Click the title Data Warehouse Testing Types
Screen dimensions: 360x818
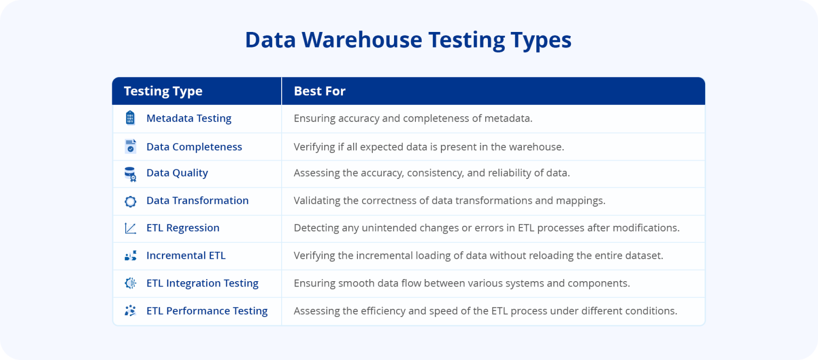[x=408, y=40]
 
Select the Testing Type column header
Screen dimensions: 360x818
[x=163, y=91]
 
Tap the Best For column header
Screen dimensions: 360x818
[x=320, y=91]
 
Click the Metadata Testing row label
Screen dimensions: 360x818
[x=189, y=118]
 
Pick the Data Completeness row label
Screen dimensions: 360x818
[x=194, y=146]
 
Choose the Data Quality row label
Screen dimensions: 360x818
[x=177, y=173]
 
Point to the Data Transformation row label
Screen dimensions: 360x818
[x=197, y=200]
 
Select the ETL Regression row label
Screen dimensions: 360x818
[x=183, y=227]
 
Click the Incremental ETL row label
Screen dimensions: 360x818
[x=186, y=255]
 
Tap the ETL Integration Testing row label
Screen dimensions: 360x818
[x=202, y=283]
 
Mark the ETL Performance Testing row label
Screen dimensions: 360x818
[x=207, y=310]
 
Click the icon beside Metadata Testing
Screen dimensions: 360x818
[x=130, y=118]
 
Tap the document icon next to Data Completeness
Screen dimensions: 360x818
[x=130, y=146]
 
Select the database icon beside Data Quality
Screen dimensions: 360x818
[x=130, y=174]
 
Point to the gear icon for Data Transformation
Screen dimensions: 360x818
[x=130, y=201]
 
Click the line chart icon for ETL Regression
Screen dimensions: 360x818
[x=130, y=228]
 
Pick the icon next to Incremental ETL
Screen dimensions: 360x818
[x=130, y=256]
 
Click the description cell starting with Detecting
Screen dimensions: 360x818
[x=486, y=227]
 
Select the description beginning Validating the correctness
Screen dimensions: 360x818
[x=449, y=200]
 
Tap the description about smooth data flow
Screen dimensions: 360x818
[x=462, y=283]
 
